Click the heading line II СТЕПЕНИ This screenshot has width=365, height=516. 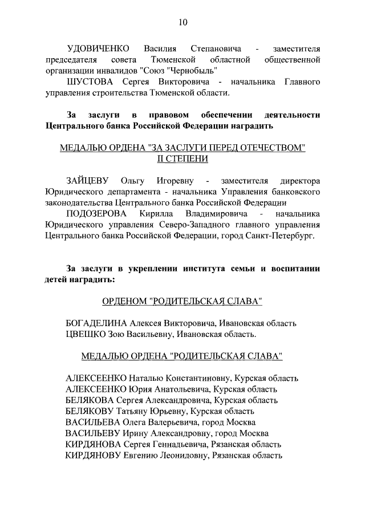pos(182,159)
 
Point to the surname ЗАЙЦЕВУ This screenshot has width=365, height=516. pos(89,181)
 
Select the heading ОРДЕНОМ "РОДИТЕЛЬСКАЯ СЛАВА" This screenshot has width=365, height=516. pos(182,300)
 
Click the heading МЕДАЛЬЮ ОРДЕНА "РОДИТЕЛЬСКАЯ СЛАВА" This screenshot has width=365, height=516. pos(182,356)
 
